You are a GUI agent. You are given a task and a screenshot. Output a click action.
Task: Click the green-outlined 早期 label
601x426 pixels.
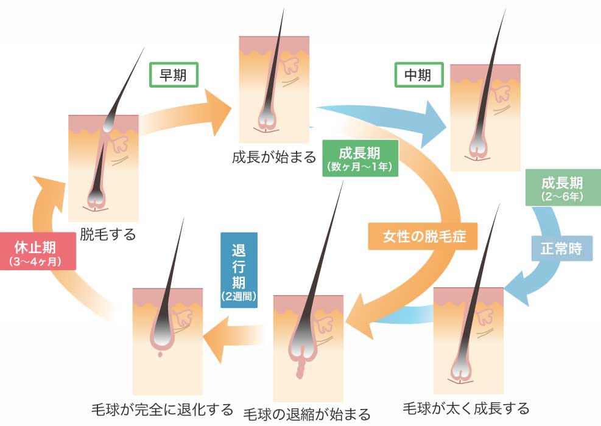point(174,75)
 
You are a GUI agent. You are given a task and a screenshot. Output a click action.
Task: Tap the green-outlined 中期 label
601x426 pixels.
point(419,75)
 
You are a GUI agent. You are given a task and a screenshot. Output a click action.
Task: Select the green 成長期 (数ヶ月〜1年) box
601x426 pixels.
point(360,158)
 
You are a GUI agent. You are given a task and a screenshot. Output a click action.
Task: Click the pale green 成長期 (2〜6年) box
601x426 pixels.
point(563,187)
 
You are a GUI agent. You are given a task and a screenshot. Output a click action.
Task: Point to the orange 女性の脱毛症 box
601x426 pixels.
point(423,236)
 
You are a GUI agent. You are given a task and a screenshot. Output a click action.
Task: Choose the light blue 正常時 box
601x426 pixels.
point(562,249)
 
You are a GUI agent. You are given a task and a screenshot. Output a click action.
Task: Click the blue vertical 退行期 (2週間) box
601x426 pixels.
point(239,270)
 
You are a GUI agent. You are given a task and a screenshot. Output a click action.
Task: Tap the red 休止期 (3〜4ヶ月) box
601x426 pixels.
point(38,251)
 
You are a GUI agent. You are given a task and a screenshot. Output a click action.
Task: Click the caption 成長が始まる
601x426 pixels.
point(273,157)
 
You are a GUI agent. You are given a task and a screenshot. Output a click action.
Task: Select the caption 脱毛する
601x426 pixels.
point(108,234)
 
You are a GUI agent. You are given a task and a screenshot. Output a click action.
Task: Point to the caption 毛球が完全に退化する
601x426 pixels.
point(162,410)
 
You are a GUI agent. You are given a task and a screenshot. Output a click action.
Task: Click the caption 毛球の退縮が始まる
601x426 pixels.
point(307,414)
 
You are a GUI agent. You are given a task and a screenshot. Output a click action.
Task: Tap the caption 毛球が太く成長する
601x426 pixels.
point(466,408)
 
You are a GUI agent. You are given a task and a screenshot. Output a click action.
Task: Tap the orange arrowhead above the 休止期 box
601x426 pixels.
point(49,194)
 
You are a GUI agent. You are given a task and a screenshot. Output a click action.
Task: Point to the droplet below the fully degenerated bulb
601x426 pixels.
point(160,354)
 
